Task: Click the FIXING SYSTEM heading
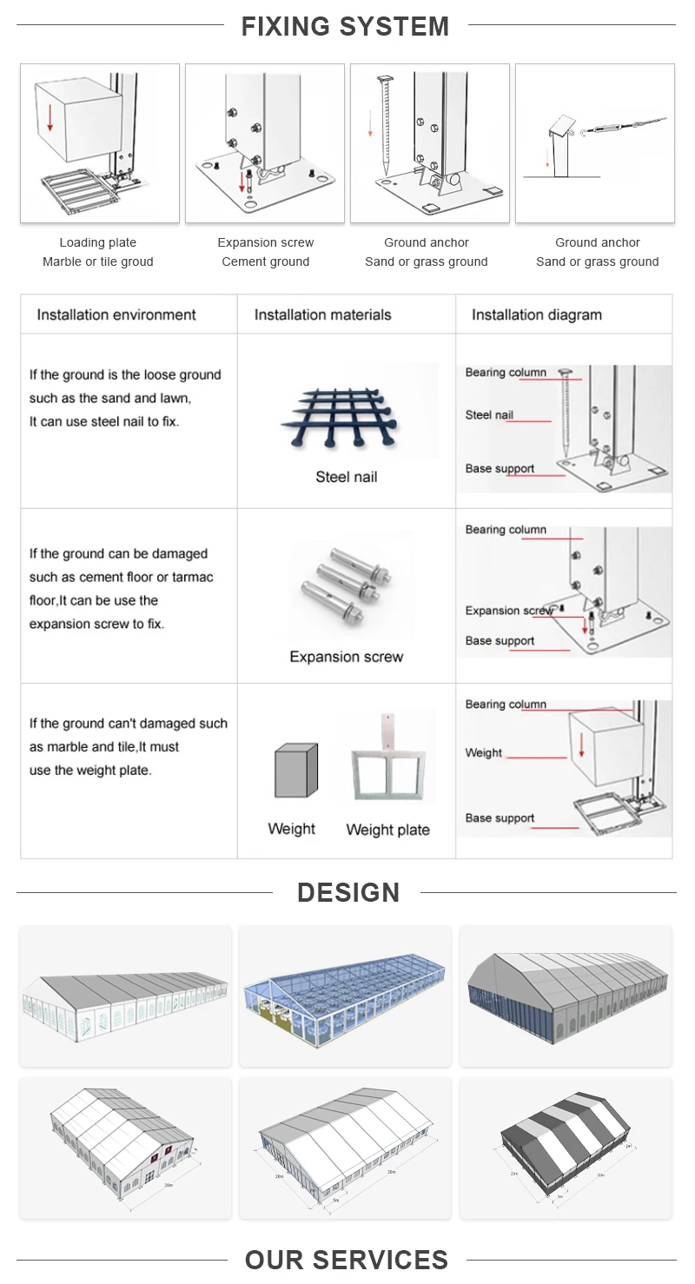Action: click(346, 26)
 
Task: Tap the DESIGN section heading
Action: click(347, 892)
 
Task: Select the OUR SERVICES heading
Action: click(347, 1260)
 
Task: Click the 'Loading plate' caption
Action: click(98, 242)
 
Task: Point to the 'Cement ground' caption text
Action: click(265, 261)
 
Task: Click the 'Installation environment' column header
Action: click(116, 314)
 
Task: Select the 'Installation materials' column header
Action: click(322, 314)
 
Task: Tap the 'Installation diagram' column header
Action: click(536, 314)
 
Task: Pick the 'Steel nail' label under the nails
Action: click(346, 476)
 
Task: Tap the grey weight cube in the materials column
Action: click(295, 771)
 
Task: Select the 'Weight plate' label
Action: click(387, 830)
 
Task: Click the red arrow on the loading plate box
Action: click(50, 116)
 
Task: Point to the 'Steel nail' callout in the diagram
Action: click(489, 415)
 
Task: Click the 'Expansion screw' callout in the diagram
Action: click(509, 611)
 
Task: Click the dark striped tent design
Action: click(565, 1145)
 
